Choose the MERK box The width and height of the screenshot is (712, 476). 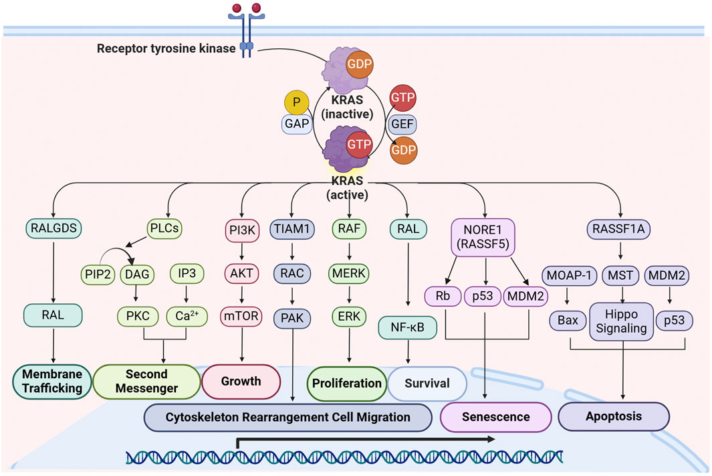pyautogui.click(x=350, y=274)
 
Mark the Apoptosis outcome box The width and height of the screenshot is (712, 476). pyautogui.click(x=614, y=416)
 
